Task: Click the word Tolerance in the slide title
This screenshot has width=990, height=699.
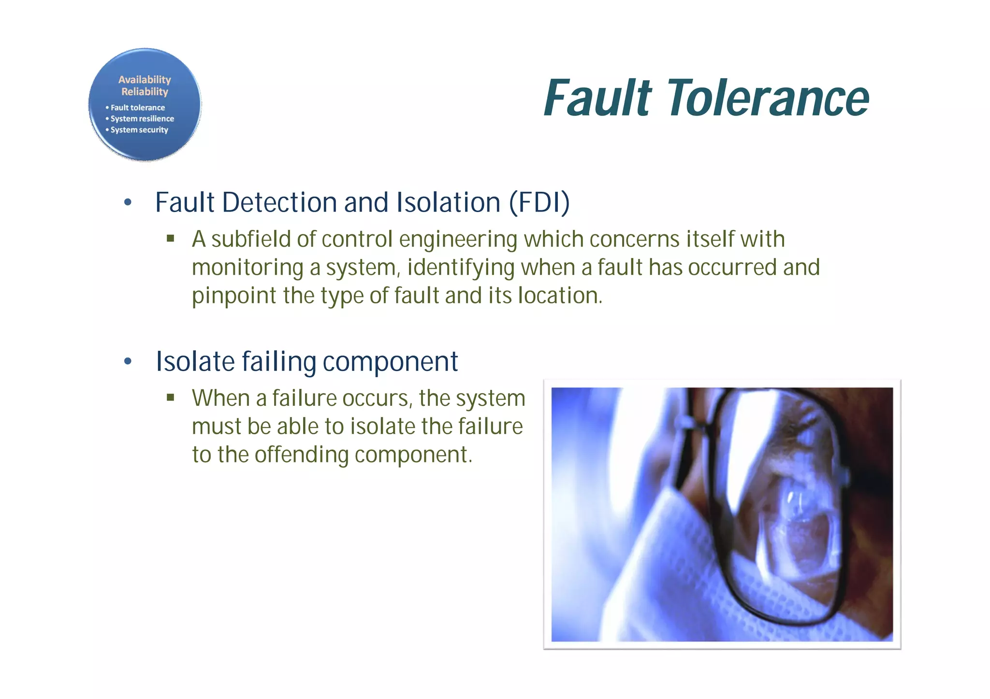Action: tap(769, 99)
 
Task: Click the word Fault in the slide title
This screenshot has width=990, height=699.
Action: tap(598, 99)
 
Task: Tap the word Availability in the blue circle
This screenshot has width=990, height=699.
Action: tap(145, 80)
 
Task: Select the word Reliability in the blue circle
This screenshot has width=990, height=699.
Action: tap(145, 92)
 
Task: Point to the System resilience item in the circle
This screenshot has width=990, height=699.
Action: tap(142, 119)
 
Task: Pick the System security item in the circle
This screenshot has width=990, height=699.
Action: tap(139, 130)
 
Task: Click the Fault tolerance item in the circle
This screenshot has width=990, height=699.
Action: tap(137, 108)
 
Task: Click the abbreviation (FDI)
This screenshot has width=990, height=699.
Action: tap(539, 202)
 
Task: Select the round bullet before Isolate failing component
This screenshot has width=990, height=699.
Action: tap(128, 361)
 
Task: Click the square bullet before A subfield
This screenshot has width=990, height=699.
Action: tap(170, 238)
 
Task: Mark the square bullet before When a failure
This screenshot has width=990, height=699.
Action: tap(170, 398)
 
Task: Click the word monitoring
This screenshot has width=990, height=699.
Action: tap(247, 268)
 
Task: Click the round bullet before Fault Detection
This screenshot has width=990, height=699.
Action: tap(128, 202)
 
